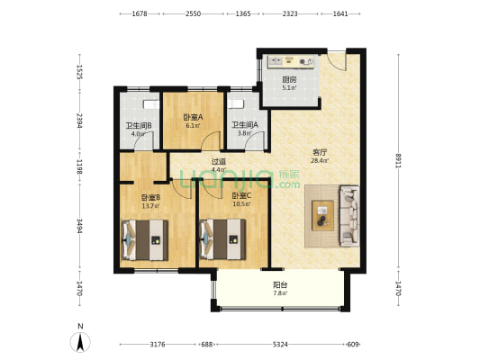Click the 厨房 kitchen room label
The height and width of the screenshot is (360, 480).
(289, 80)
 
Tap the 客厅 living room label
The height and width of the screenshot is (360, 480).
(320, 152)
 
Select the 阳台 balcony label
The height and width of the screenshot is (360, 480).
(280, 285)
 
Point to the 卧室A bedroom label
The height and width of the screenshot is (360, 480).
(193, 117)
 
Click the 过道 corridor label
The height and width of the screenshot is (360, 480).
(219, 161)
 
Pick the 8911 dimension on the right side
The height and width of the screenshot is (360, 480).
(398, 161)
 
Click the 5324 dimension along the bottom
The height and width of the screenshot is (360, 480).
(280, 345)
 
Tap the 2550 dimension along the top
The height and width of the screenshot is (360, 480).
(193, 13)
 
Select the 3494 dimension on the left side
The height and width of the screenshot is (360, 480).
(79, 226)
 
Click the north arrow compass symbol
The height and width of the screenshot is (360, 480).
(80, 342)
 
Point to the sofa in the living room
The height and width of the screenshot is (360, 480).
(349, 216)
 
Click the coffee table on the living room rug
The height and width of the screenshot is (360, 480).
(322, 215)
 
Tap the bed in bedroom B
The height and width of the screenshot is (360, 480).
(145, 239)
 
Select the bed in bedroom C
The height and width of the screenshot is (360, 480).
(222, 239)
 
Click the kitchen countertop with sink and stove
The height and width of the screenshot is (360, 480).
(291, 61)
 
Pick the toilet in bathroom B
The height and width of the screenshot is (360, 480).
(151, 104)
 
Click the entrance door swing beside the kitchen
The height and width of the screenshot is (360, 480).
(337, 61)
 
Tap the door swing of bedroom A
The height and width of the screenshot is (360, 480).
(212, 140)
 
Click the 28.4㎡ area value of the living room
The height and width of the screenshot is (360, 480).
(320, 160)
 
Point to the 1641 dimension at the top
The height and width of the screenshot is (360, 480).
(340, 13)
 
